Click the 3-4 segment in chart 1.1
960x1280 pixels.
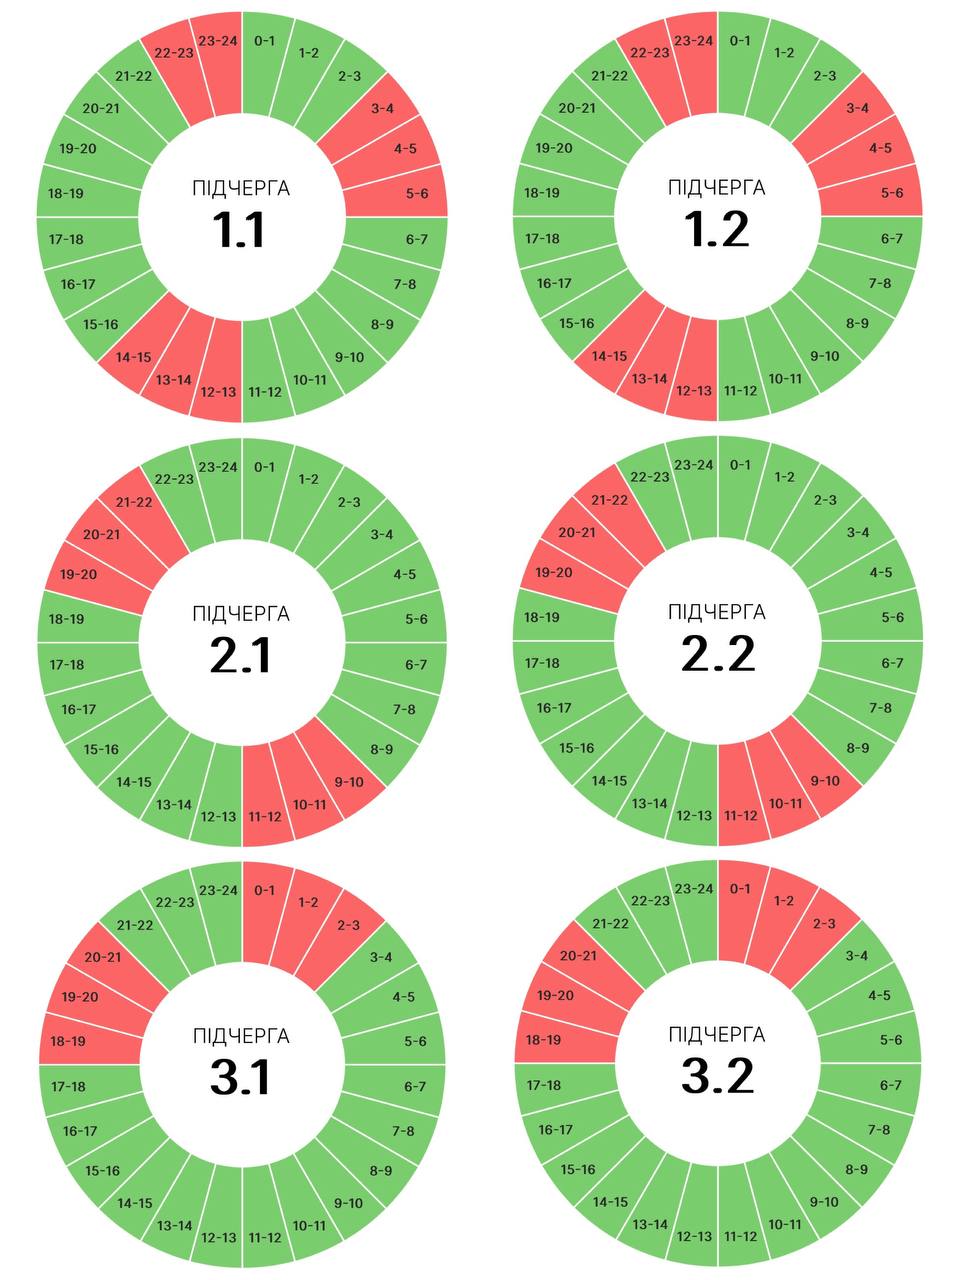pyautogui.click(x=382, y=109)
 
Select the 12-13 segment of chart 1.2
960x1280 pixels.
pyautogui.click(x=694, y=391)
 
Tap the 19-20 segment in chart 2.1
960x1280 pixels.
pyautogui.click(x=78, y=575)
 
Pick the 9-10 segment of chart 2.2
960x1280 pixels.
pyautogui.click(x=825, y=781)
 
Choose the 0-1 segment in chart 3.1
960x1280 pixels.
pyautogui.click(x=265, y=890)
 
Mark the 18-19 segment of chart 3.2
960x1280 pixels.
pyautogui.click(x=543, y=1040)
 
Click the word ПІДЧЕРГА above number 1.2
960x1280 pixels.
pyautogui.click(x=717, y=188)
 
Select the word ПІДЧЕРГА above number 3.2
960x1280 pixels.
pyautogui.click(x=717, y=1034)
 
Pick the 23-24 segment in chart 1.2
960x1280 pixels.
pyautogui.click(x=694, y=41)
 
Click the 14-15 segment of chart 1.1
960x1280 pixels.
pyautogui.click(x=133, y=357)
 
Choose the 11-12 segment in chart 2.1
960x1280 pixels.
pyautogui.click(x=265, y=817)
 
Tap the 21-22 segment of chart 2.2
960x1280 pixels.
pyautogui.click(x=610, y=500)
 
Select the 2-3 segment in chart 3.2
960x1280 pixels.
pyautogui.click(x=824, y=924)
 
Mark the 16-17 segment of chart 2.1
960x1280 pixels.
pyautogui.click(x=78, y=709)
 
